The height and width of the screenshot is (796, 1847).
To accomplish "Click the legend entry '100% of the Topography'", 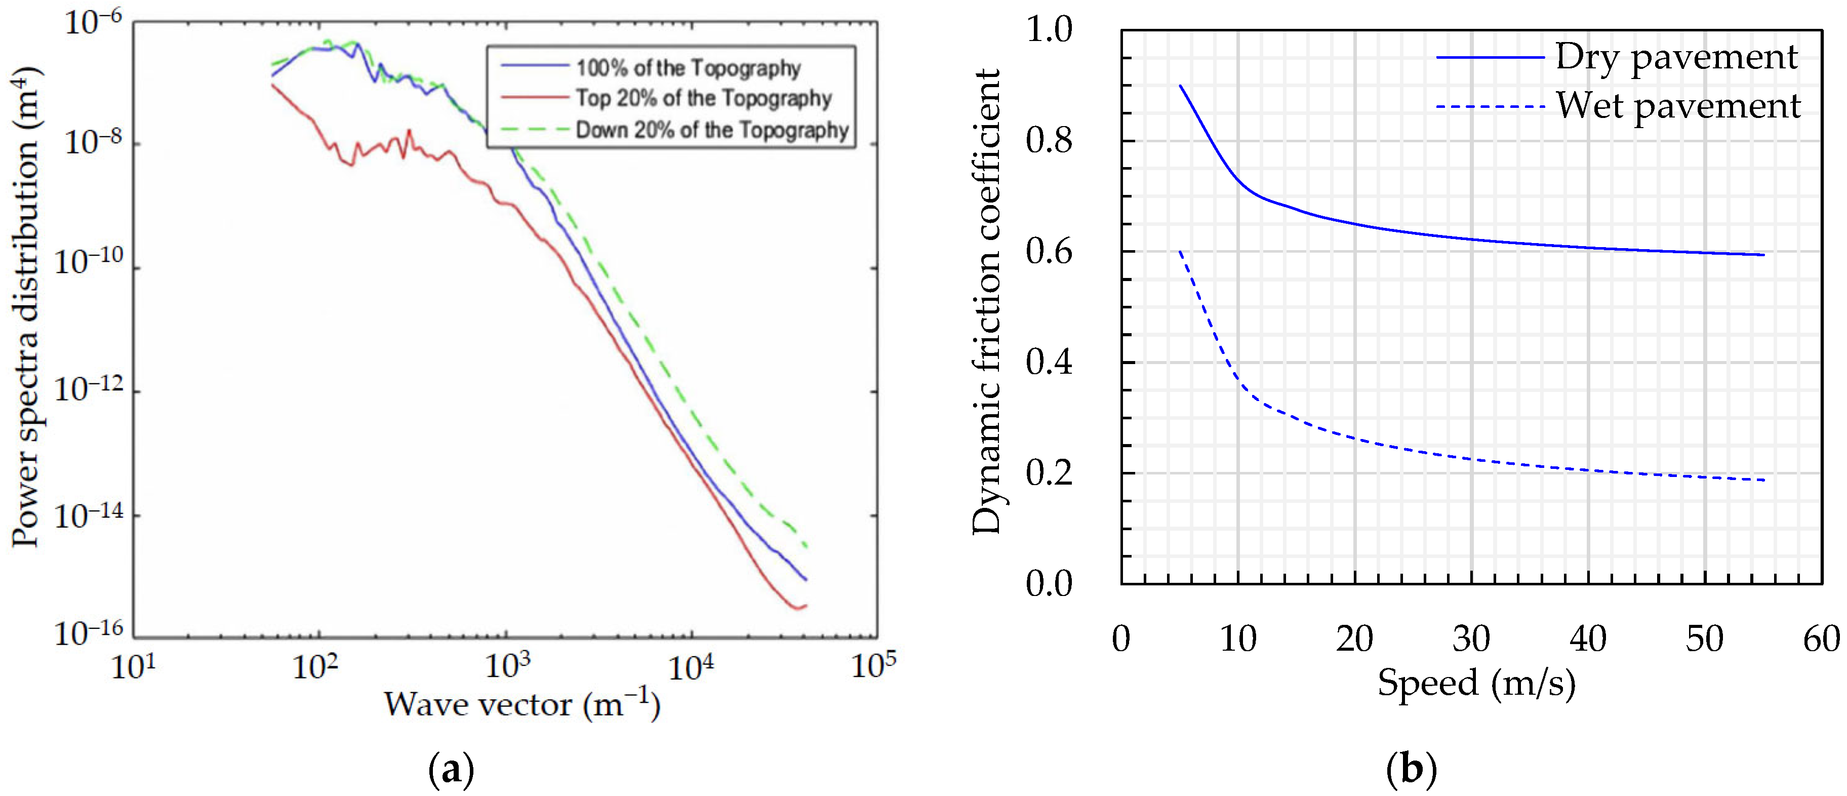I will tap(688, 68).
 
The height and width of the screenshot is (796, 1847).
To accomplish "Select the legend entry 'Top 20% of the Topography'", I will tap(703, 98).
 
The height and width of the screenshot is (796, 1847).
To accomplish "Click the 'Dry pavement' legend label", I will tap(1676, 57).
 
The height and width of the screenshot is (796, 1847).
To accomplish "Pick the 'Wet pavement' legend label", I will tap(1678, 106).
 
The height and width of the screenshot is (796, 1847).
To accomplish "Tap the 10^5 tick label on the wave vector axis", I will tap(873, 665).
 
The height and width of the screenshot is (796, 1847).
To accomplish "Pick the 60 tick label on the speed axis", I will tap(1821, 638).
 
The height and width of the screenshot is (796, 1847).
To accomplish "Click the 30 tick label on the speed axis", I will tap(1471, 638).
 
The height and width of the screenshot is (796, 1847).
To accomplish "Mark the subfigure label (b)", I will tap(1411, 770).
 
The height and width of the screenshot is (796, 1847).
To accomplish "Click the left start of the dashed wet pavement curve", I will tap(1180, 252).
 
